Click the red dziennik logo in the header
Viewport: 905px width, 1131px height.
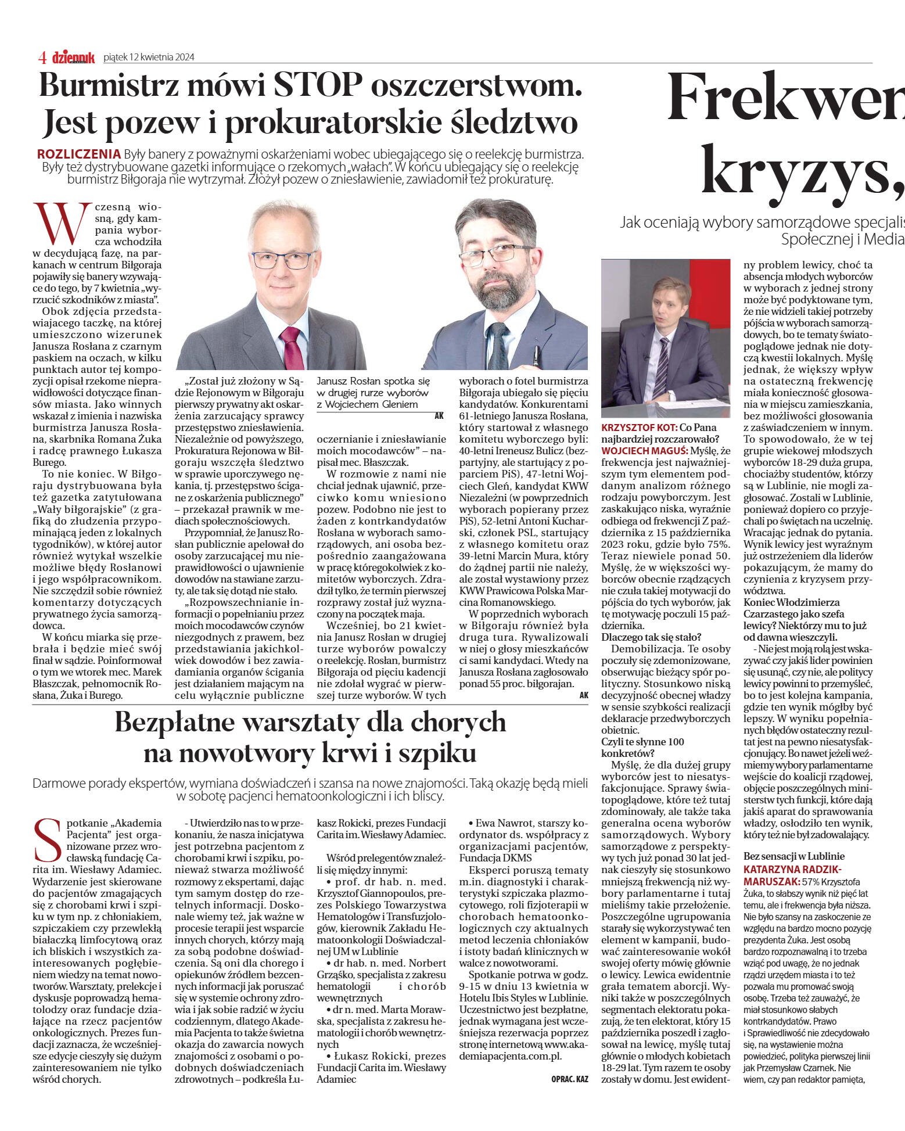73,57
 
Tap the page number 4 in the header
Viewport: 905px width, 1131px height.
42,57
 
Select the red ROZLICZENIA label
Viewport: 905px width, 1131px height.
79,154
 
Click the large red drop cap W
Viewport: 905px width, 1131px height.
62,223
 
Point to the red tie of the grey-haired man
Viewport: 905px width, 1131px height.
292,346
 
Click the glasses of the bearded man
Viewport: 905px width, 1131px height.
495,253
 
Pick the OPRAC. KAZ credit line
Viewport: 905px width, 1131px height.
569,1079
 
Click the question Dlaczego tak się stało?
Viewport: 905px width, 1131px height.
651,637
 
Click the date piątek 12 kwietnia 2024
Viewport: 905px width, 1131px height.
149,57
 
